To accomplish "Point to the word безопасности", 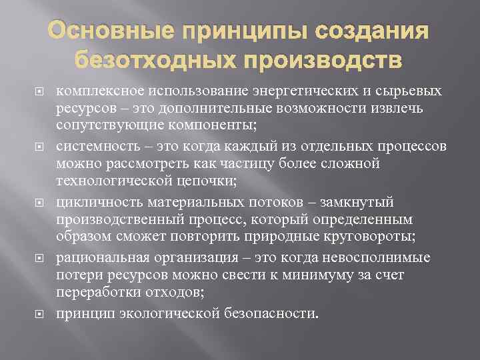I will point(279,313).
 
